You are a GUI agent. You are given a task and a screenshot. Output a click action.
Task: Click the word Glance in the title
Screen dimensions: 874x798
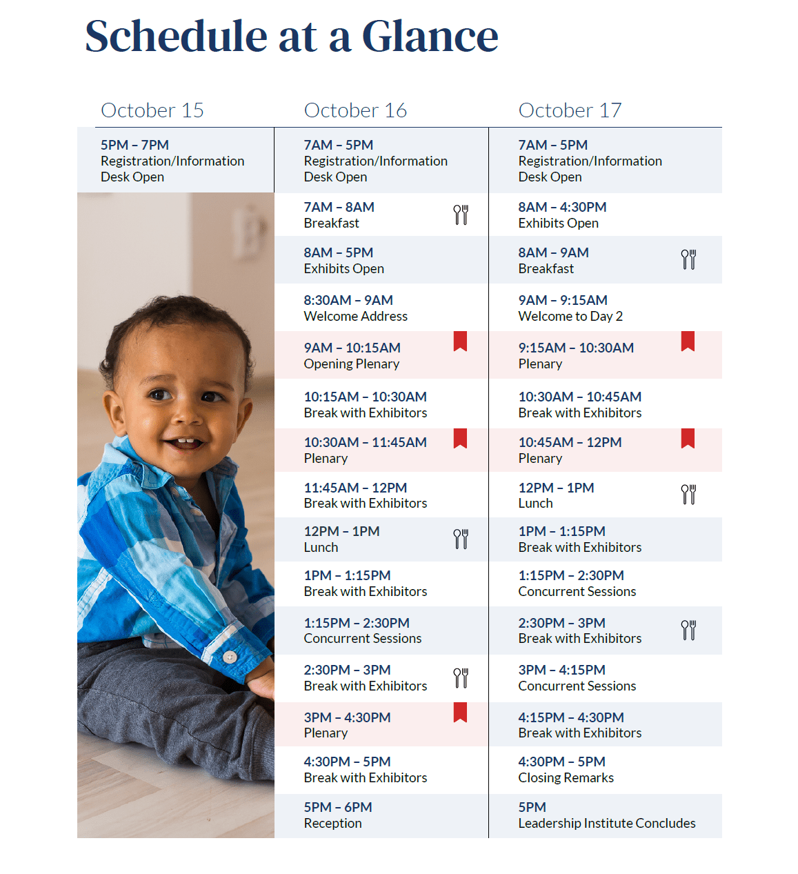(x=430, y=36)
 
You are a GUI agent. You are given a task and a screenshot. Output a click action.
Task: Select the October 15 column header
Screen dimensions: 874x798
(x=152, y=110)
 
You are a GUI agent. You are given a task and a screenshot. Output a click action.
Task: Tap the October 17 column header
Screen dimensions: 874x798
(x=570, y=110)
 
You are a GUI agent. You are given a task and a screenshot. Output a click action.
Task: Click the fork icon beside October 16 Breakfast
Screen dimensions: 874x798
(x=461, y=215)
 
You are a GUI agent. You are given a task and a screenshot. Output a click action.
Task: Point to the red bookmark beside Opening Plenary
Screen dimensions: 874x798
(x=460, y=341)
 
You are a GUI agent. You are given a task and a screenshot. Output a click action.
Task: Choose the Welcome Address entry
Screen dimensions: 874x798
(x=355, y=308)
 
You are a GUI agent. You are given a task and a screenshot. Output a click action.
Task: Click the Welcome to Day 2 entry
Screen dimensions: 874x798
(x=570, y=308)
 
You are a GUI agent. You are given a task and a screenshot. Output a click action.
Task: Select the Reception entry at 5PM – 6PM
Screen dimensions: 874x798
(x=338, y=815)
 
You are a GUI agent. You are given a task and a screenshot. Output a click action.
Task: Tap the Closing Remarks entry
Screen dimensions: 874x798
(x=566, y=770)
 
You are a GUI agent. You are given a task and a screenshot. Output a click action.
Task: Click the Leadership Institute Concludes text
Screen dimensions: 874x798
(x=607, y=823)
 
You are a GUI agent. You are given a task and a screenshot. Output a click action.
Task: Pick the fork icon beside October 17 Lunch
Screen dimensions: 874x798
(x=688, y=494)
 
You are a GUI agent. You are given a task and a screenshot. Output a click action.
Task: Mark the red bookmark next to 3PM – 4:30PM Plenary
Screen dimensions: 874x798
(x=460, y=712)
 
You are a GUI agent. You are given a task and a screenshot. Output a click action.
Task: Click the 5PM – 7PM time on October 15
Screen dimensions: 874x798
(x=134, y=145)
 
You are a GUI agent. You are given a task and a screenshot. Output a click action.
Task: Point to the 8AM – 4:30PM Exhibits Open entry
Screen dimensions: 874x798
(x=562, y=215)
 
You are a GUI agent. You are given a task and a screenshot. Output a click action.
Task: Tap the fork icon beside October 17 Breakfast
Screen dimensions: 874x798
(x=688, y=259)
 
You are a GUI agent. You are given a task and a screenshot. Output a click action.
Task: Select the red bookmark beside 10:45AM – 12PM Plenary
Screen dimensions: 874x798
(x=688, y=438)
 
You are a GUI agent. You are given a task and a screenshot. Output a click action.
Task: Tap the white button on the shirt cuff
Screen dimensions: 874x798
(x=230, y=657)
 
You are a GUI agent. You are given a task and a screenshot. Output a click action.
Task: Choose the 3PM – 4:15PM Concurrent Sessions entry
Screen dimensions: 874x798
(x=577, y=678)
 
